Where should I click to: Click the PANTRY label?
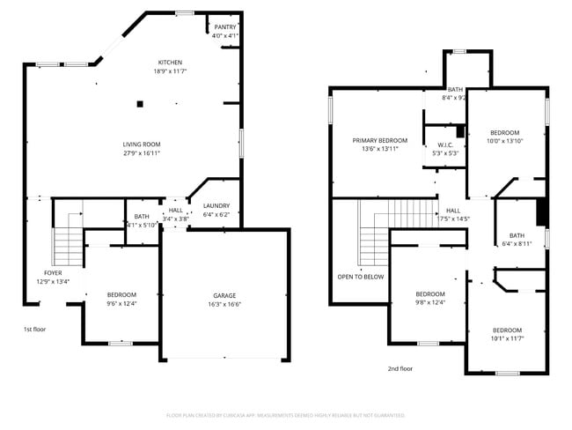[x=225, y=27]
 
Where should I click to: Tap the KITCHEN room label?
[x=170, y=63]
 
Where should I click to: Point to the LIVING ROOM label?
[x=141, y=145]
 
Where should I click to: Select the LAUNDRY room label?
[x=216, y=206]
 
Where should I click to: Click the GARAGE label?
[x=224, y=295]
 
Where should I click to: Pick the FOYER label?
[x=53, y=273]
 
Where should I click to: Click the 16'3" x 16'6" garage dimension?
[x=224, y=304]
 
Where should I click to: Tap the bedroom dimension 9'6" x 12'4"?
[x=122, y=303]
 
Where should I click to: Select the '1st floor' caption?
[x=34, y=329]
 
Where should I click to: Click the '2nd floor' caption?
[x=400, y=369]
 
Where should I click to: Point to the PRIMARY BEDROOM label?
[x=380, y=140]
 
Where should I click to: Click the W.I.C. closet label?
[x=444, y=145]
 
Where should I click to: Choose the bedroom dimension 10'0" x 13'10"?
[x=505, y=141]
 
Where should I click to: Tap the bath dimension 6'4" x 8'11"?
[x=517, y=244]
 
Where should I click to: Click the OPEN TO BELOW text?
[x=361, y=276]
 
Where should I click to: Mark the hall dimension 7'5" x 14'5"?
[x=453, y=219]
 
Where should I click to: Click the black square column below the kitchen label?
[x=139, y=103]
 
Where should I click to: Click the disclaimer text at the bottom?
[x=285, y=415]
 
